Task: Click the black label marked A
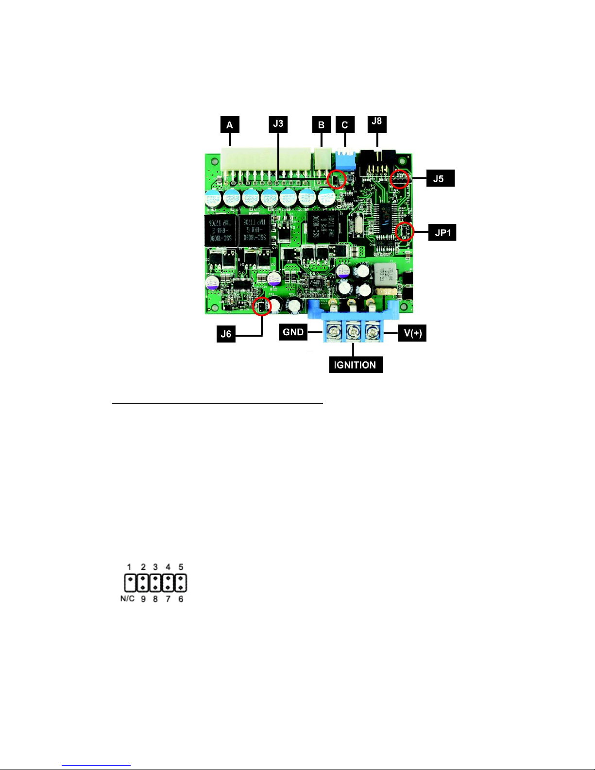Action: tap(229, 125)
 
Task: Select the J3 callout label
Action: tap(278, 123)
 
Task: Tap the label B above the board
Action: tap(321, 125)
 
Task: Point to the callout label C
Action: tap(345, 125)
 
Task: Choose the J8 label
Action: tap(376, 122)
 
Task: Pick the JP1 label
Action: tap(442, 233)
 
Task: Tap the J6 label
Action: tap(226, 334)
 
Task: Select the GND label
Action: tap(293, 332)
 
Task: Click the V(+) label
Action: tap(412, 333)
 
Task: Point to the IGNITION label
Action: tap(356, 365)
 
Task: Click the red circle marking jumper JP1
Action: tap(404, 232)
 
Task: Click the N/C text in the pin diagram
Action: tap(127, 599)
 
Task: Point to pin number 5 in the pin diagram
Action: tap(181, 567)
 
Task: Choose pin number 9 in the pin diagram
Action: tap(143, 599)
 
